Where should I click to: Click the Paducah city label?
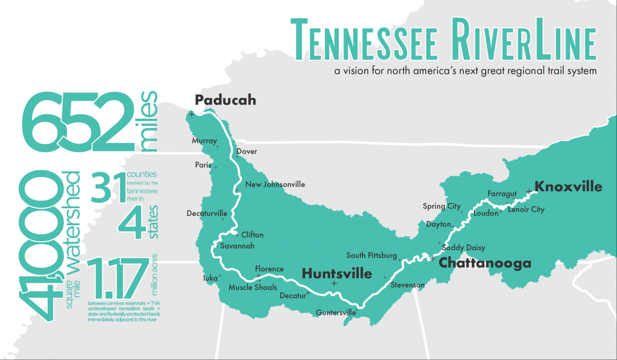[x=225, y=100]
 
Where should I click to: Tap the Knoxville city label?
[x=568, y=186]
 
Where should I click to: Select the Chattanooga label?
[x=484, y=263]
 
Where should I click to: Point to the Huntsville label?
[x=337, y=273]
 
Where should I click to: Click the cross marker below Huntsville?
[x=334, y=284]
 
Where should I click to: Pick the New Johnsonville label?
[x=275, y=185]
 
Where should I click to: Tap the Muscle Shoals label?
[x=252, y=287]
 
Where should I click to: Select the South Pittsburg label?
[x=371, y=256]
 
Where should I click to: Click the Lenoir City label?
[x=526, y=210]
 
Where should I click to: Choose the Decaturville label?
[x=207, y=213]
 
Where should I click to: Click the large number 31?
[x=108, y=188]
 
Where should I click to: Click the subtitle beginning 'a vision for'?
[x=465, y=71]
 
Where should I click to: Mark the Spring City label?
[x=442, y=206]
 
